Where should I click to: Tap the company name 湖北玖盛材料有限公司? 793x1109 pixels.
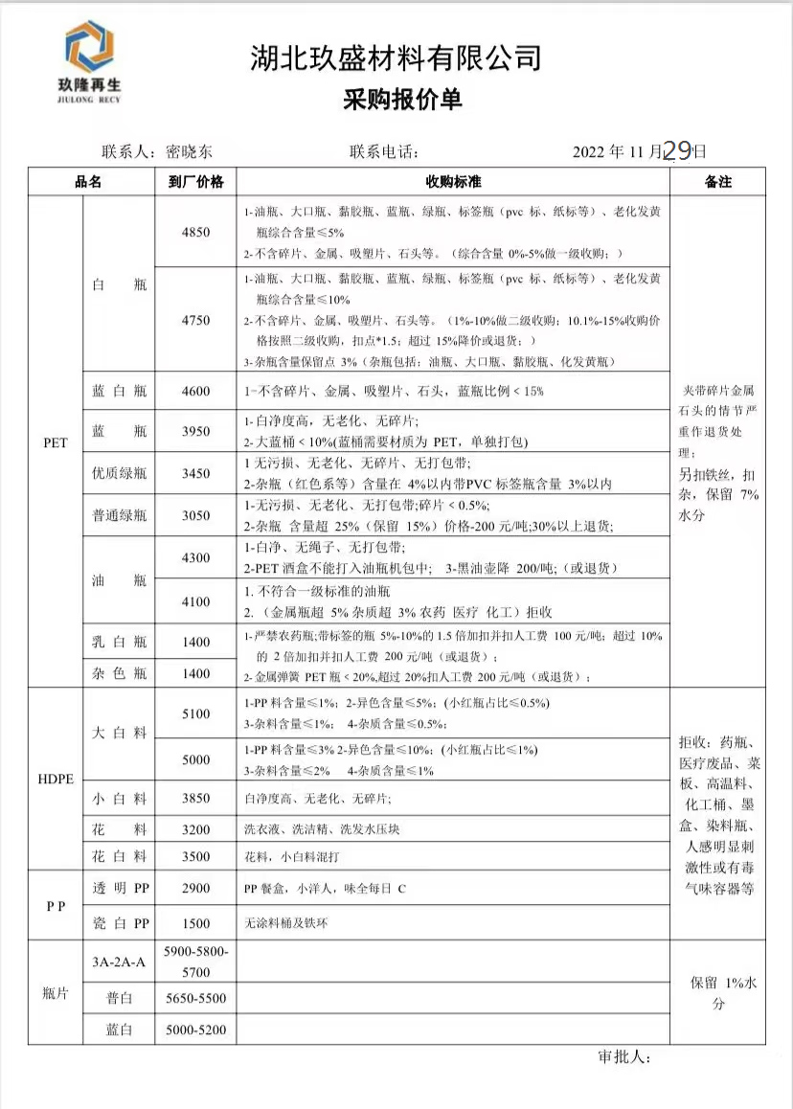coord(396,58)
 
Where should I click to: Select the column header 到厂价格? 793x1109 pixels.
coord(195,181)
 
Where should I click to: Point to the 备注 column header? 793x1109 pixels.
coord(717,181)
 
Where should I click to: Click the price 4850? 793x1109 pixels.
coord(195,232)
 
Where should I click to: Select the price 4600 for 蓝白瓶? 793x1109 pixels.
coord(195,390)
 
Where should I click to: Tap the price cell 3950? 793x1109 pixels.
coord(195,432)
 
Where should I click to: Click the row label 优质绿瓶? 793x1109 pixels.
coord(119,473)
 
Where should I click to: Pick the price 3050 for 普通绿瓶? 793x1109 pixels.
coord(195,515)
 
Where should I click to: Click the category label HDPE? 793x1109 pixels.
coord(56,779)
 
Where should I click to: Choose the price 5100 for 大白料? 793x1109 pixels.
coord(195,713)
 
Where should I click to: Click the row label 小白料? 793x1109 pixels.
coord(119,798)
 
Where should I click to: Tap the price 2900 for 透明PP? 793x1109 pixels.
coord(195,889)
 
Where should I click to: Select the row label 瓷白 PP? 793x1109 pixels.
coord(119,923)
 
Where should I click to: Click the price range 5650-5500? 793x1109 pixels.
coord(195,998)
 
